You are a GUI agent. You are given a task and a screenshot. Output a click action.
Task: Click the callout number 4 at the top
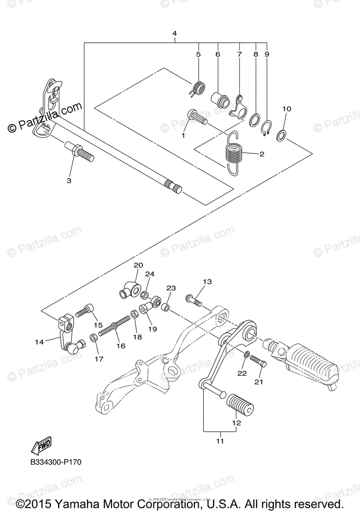pyautogui.click(x=174, y=33)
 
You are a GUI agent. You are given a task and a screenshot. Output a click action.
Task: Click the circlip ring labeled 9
pyautogui.click(x=266, y=128)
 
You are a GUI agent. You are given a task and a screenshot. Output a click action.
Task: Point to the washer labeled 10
pyautogui.click(x=281, y=135)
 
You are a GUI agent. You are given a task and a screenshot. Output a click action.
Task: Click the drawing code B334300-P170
pyautogui.click(x=56, y=462)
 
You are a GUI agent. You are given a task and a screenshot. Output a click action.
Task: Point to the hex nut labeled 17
pyautogui.click(x=94, y=338)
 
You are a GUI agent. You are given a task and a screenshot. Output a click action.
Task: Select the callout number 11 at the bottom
pyautogui.click(x=220, y=441)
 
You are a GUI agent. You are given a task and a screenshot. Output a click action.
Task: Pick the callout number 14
pyautogui.click(x=39, y=342)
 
